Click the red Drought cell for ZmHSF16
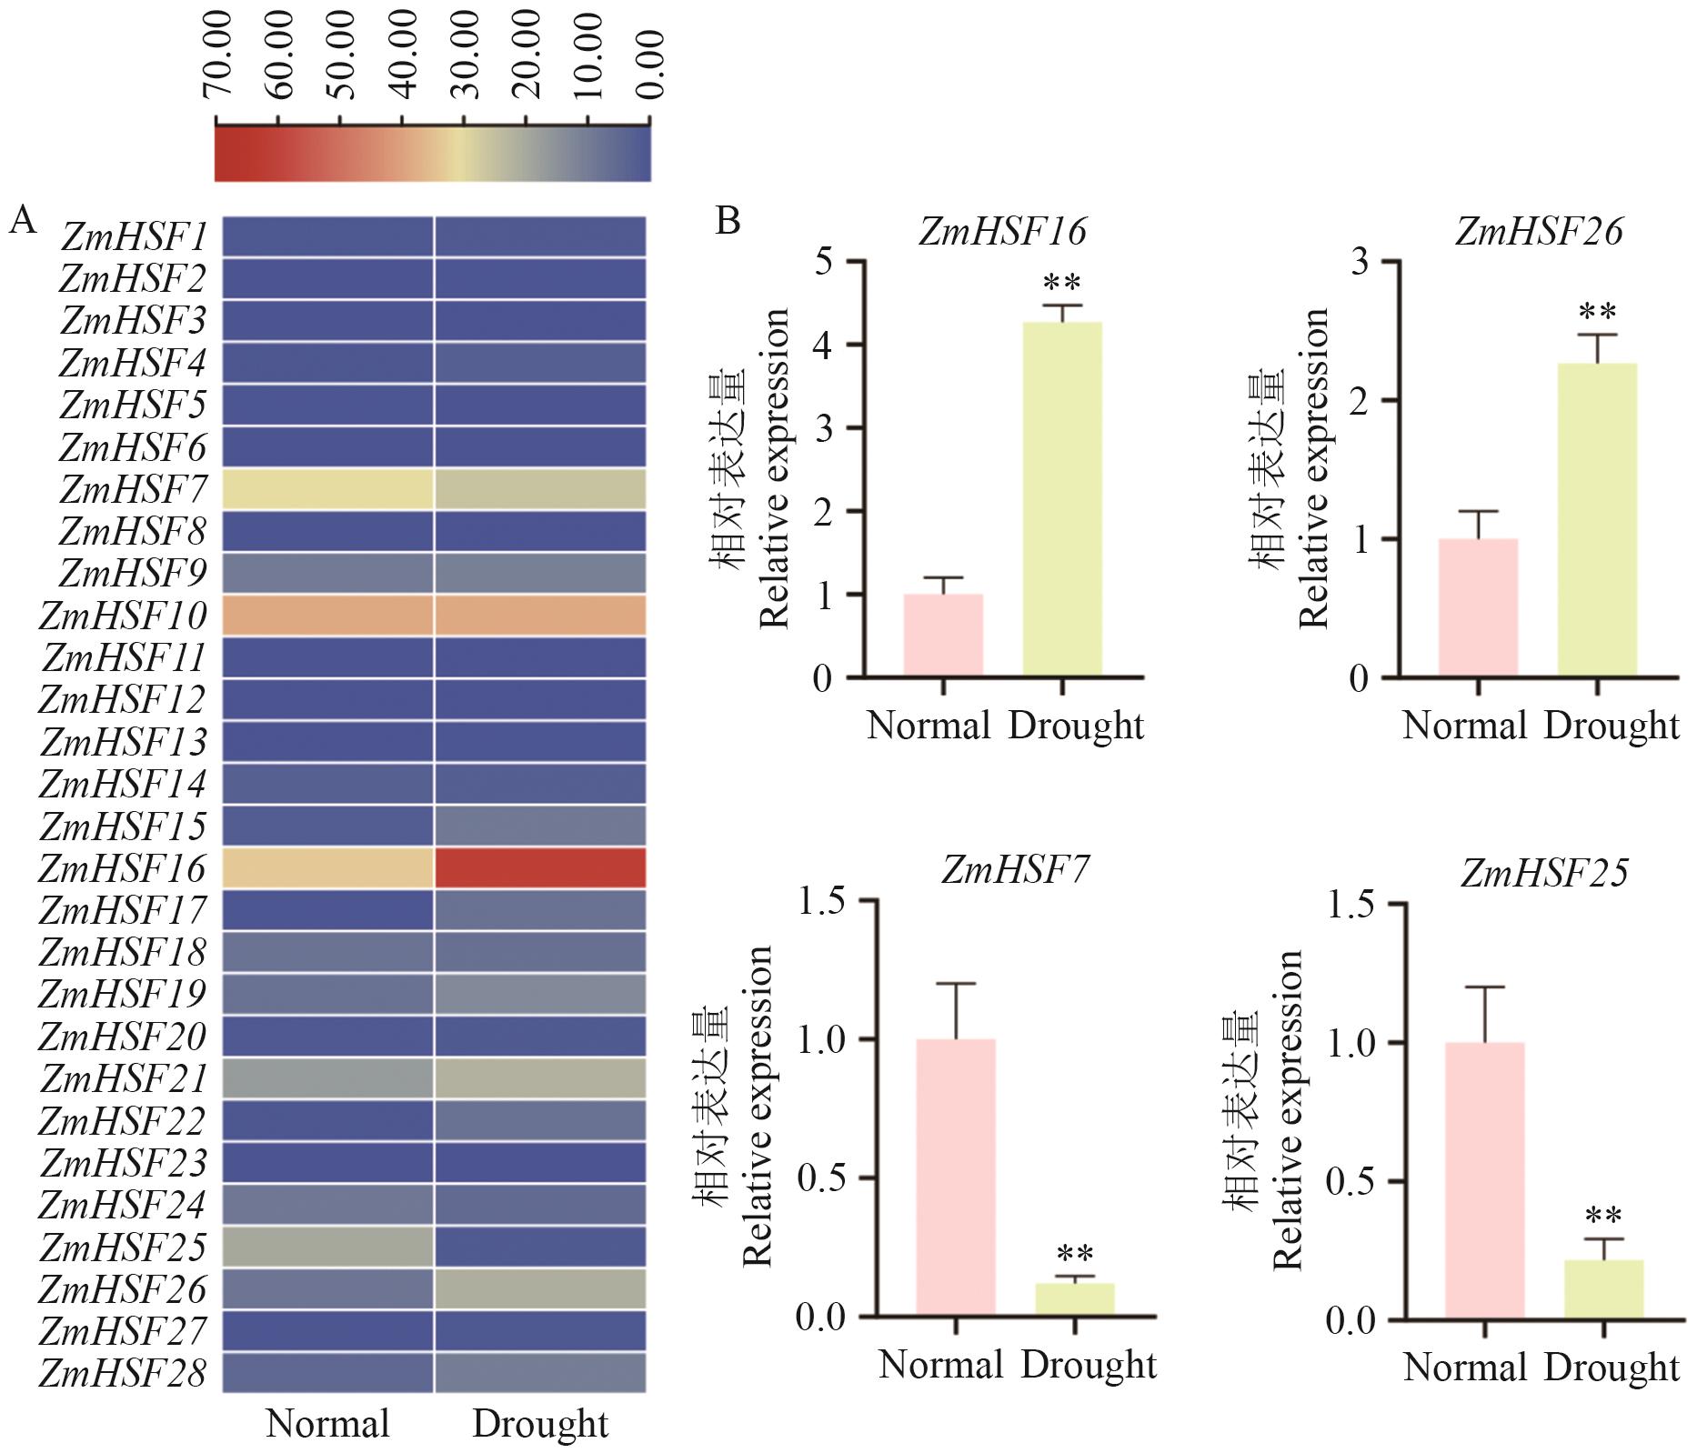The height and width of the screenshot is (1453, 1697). [x=540, y=867]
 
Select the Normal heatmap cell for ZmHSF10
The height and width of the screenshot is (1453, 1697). [x=328, y=615]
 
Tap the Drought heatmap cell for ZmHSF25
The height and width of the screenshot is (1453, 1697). [x=540, y=1247]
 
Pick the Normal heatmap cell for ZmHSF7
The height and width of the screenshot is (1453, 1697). [x=328, y=488]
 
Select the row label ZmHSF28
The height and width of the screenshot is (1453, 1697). [x=124, y=1373]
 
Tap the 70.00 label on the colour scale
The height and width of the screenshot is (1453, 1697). [x=218, y=55]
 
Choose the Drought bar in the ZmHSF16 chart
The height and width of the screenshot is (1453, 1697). [x=1062, y=499]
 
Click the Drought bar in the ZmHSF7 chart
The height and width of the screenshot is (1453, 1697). [x=1075, y=1299]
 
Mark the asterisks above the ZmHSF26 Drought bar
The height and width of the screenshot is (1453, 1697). [x=1597, y=313]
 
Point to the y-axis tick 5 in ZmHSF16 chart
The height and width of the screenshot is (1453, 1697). [x=824, y=262]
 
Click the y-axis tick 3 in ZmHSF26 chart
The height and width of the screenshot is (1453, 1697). [x=1361, y=262]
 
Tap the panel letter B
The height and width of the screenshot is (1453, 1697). [x=728, y=221]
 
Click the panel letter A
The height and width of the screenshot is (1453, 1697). [x=23, y=221]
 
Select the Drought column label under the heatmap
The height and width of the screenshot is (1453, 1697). [x=540, y=1424]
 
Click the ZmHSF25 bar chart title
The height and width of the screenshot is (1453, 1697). [x=1544, y=874]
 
